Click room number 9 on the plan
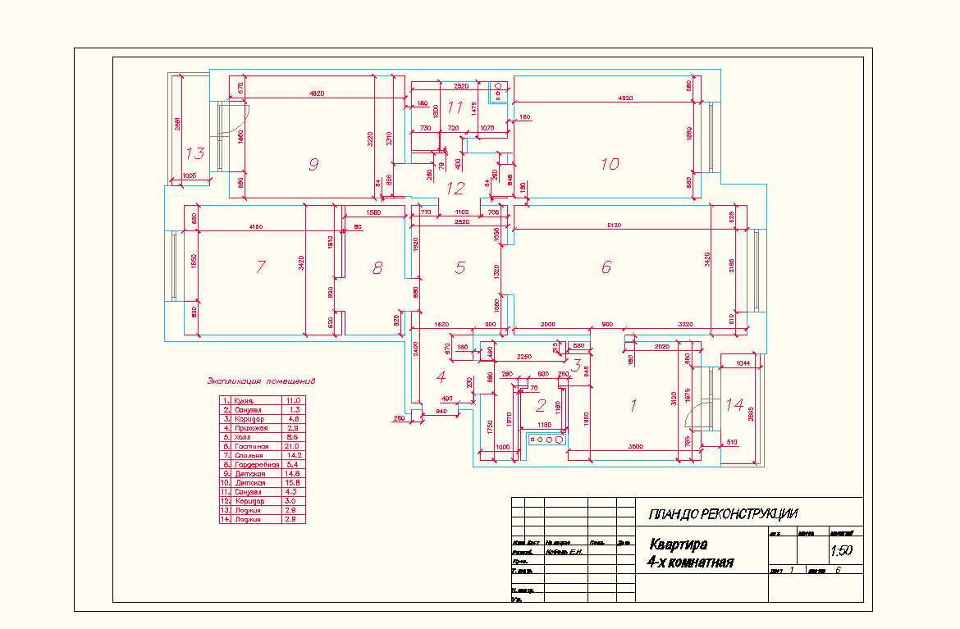coord(313,165)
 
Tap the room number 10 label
coord(609,164)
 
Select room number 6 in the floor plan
coord(606,267)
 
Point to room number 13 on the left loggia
coord(194,153)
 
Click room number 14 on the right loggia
coord(734,404)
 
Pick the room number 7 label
coord(260,267)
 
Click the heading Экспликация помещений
coord(261,381)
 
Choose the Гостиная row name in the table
coord(251,446)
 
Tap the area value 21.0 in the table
coord(292,446)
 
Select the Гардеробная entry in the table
coord(257,465)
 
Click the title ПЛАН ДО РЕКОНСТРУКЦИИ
coord(723,515)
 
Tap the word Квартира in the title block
coord(679,545)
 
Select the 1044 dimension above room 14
coord(743,362)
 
